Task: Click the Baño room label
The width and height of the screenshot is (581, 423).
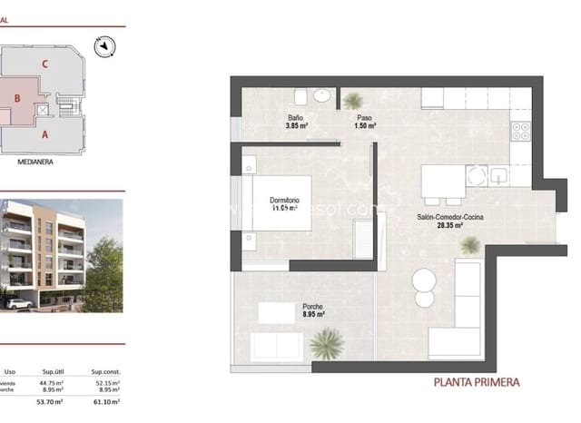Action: point(295,118)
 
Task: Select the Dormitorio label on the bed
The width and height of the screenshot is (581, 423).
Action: point(284,201)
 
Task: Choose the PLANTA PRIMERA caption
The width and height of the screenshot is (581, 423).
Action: point(477,382)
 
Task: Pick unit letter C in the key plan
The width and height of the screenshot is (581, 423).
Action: point(44,64)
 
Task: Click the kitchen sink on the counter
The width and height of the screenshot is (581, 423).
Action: point(497,174)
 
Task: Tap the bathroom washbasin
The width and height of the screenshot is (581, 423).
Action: point(321,94)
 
